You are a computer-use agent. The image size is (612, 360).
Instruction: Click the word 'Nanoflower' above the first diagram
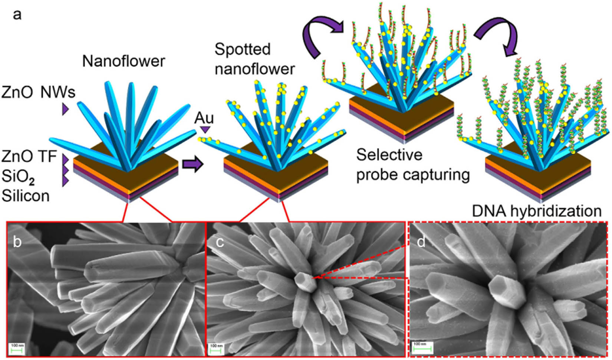pyautogui.click(x=124, y=61)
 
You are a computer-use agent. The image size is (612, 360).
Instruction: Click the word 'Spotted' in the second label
pyautogui.click(x=243, y=49)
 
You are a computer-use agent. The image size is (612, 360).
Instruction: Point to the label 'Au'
pyautogui.click(x=204, y=118)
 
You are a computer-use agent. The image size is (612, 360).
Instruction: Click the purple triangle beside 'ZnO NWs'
pyautogui.click(x=65, y=109)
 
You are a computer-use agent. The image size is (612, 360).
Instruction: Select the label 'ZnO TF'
pyautogui.click(x=29, y=156)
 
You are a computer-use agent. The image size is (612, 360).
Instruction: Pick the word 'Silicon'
pyautogui.click(x=26, y=195)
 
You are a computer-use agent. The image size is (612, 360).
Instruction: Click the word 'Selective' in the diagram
pyautogui.click(x=389, y=155)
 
